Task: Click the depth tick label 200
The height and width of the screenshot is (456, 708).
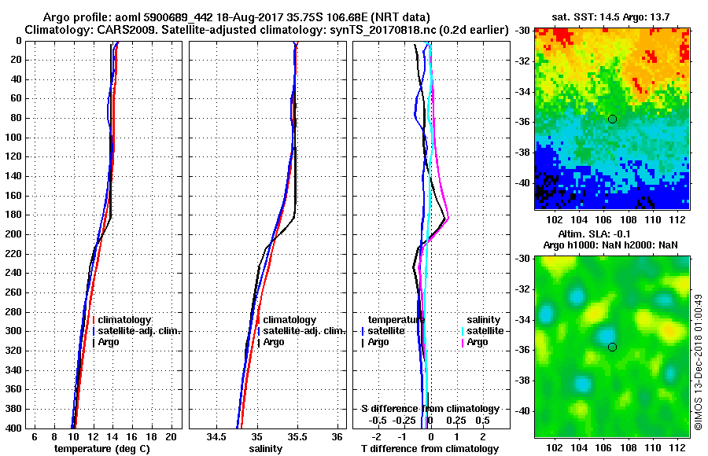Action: click(x=13, y=234)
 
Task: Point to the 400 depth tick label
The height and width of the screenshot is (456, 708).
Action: click(x=13, y=428)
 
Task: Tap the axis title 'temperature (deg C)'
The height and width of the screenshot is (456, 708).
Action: click(x=102, y=449)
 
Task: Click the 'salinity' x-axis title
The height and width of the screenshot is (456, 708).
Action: click(x=266, y=449)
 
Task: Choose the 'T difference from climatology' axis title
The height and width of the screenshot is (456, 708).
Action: click(x=430, y=449)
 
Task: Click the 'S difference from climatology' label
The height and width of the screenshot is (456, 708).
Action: click(x=430, y=409)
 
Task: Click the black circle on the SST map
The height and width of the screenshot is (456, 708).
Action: click(x=612, y=119)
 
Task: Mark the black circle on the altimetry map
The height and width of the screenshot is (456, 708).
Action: click(x=612, y=347)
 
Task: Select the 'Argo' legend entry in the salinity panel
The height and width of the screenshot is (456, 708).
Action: click(x=274, y=342)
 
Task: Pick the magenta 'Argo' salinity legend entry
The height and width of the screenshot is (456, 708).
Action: click(x=478, y=342)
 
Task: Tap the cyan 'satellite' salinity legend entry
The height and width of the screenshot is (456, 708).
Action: click(x=484, y=331)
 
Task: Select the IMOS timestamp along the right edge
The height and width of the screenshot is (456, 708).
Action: click(x=698, y=362)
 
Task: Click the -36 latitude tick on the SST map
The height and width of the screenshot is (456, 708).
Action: click(x=523, y=122)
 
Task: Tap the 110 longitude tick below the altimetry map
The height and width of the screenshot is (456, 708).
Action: click(x=651, y=447)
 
